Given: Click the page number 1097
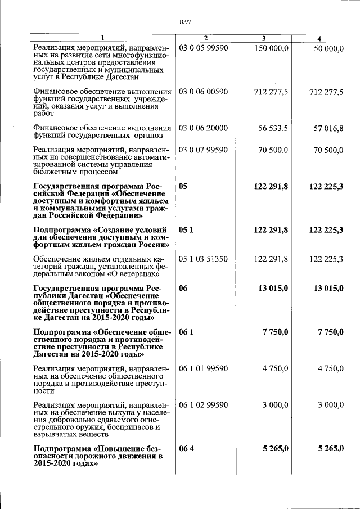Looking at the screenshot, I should (185, 22).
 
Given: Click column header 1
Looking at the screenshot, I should (103, 38).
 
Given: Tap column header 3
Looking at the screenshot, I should (264, 38).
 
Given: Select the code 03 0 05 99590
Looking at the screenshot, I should (203, 49).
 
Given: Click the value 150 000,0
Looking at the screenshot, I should (272, 49).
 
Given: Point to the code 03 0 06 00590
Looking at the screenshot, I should (203, 91).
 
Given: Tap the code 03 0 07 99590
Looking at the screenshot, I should (203, 150).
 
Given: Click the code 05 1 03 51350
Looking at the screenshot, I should (203, 259).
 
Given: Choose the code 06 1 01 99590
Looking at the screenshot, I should (203, 368).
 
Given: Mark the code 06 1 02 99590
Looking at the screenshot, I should (203, 405).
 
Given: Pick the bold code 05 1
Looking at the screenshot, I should (186, 229).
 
